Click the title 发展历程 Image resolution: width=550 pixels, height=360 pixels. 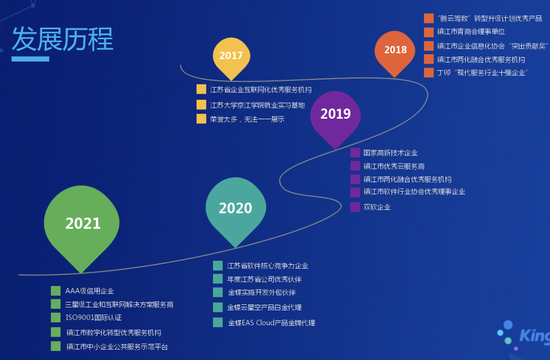pyautogui.click(x=63, y=39)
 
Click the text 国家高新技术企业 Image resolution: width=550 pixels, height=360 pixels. pyautogui.click(x=390, y=153)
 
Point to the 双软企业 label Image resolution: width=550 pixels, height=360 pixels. pyautogui.click(x=377, y=207)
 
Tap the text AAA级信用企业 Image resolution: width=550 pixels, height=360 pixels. pyautogui.click(x=89, y=291)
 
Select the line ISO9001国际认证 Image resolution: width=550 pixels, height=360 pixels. pyautogui.click(x=94, y=317)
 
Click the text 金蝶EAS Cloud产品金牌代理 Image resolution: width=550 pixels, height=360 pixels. pyautogui.click(x=272, y=323)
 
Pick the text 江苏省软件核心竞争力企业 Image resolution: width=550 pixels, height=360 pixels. pyautogui.click(x=268, y=266)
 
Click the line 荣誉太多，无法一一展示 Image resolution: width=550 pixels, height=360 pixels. pyautogui.click(x=247, y=119)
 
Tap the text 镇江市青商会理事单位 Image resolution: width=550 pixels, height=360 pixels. pyautogui.click(x=471, y=32)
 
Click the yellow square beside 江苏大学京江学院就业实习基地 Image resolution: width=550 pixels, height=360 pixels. pyautogui.click(x=202, y=105)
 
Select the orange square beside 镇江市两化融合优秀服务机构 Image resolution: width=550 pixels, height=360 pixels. pyautogui.click(x=429, y=59)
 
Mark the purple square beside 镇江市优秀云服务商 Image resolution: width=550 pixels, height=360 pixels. pyautogui.click(x=355, y=166)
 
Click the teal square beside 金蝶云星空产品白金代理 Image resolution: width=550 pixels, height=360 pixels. pyautogui.click(x=218, y=307)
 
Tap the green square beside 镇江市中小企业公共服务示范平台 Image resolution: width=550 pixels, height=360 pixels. pyautogui.click(x=56, y=346)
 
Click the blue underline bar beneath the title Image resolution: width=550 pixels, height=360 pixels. pyautogui.click(x=30, y=59)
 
